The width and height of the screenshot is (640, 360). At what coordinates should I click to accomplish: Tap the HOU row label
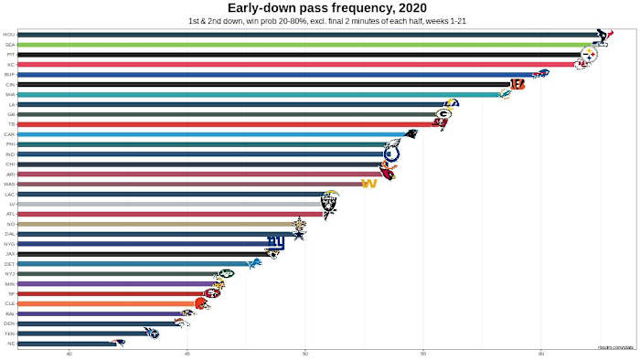(9, 35)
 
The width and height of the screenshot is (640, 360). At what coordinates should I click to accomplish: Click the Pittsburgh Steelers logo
(589, 55)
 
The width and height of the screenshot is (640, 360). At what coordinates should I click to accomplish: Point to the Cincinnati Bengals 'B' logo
(517, 84)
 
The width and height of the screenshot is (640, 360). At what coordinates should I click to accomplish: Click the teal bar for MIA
(256, 94)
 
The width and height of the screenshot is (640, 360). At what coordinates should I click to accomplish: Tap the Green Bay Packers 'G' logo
(443, 114)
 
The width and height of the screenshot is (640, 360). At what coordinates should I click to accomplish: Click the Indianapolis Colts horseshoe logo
(392, 154)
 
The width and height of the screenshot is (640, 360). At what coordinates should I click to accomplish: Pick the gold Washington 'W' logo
(369, 184)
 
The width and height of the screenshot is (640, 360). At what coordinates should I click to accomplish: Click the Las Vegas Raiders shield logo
(329, 203)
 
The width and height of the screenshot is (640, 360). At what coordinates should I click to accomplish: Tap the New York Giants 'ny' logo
(275, 243)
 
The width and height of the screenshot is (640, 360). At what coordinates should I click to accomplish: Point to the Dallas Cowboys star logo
(298, 234)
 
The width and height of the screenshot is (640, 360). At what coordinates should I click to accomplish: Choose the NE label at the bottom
(10, 343)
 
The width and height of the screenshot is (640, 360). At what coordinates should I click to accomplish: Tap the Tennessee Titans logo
(152, 333)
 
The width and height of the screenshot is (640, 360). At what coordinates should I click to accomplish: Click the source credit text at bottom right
(616, 347)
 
